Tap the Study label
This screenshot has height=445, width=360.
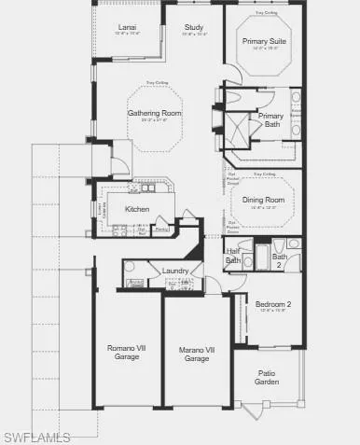pos(194,28)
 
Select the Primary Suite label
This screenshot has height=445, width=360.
pos(264,42)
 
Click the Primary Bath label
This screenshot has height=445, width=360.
pos(271,120)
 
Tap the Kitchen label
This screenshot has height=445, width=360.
pos(138,209)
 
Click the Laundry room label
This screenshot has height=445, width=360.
pos(175,271)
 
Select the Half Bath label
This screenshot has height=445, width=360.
pos(233,257)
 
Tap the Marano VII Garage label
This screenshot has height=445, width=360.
pos(196,354)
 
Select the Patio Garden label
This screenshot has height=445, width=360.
pos(267,376)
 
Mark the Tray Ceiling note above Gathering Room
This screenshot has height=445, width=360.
pos(157,84)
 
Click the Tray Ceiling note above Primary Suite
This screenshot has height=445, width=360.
pos(265,14)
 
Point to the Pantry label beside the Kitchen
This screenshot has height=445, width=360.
pos(160,228)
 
